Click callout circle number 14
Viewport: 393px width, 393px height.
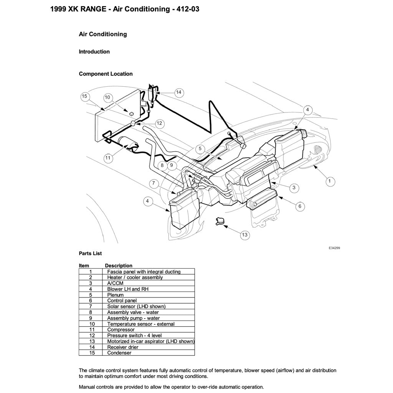[178, 92]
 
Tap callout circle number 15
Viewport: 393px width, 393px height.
[85, 96]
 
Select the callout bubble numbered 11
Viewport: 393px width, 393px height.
[108, 157]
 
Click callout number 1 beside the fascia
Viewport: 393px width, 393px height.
[329, 180]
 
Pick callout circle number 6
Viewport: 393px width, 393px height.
[300, 206]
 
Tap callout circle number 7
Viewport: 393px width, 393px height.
[154, 183]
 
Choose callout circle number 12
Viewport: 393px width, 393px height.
[159, 124]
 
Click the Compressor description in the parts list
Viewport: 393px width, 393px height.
[121, 330]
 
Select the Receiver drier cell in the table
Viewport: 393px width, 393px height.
[123, 347]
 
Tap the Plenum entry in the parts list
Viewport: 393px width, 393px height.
[116, 295]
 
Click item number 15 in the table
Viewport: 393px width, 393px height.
[92, 353]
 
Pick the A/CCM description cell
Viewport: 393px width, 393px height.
[114, 283]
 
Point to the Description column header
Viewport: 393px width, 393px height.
[119, 266]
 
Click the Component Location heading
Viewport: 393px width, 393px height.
[106, 74]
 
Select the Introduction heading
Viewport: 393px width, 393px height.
[94, 52]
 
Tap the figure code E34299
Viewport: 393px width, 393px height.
[334, 248]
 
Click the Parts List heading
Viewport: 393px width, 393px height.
[90, 253]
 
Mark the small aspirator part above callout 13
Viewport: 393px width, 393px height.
[220, 221]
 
